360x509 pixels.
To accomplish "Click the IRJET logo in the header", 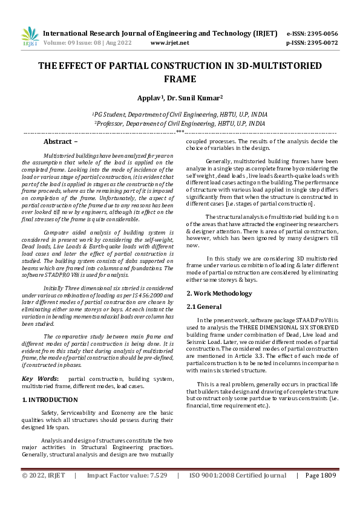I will point(30,36).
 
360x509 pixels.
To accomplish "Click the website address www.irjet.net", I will point(169,43).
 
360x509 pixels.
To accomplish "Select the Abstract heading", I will point(61,141).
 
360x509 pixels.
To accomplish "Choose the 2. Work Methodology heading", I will point(219,293).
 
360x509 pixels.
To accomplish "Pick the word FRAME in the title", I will point(180,79).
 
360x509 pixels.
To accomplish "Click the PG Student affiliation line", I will point(180,114).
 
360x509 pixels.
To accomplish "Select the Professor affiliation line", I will point(180,123).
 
